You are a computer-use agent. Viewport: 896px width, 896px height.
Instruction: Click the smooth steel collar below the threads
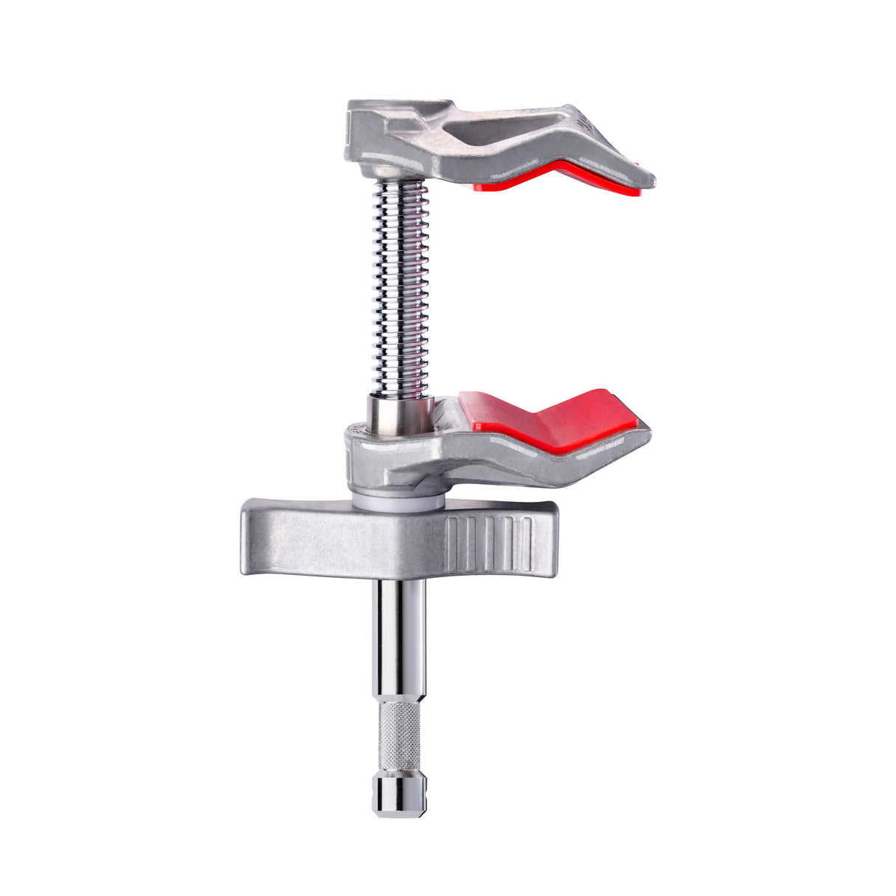(x=399, y=416)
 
